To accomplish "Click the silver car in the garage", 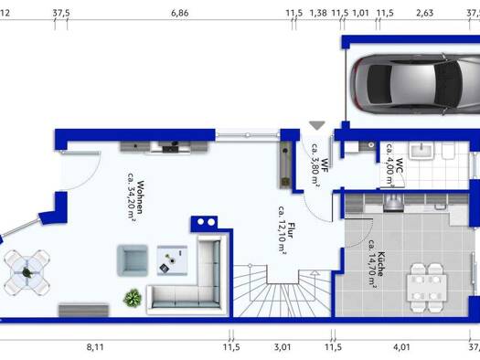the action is [415, 84].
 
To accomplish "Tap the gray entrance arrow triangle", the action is [317, 125].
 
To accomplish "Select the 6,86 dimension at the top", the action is [180, 13].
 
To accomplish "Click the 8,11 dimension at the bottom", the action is [95, 347].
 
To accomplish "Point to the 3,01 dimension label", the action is [283, 347].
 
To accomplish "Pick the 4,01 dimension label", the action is [401, 347].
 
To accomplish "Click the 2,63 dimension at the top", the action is [425, 13].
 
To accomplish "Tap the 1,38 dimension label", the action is [318, 13].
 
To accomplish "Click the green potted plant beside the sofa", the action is [133, 298].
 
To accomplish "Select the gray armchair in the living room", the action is [133, 260].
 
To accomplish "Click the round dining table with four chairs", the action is [27, 272].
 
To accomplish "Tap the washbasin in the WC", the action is [421, 152].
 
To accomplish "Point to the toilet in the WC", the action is [449, 151].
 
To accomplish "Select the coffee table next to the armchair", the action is [173, 260].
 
